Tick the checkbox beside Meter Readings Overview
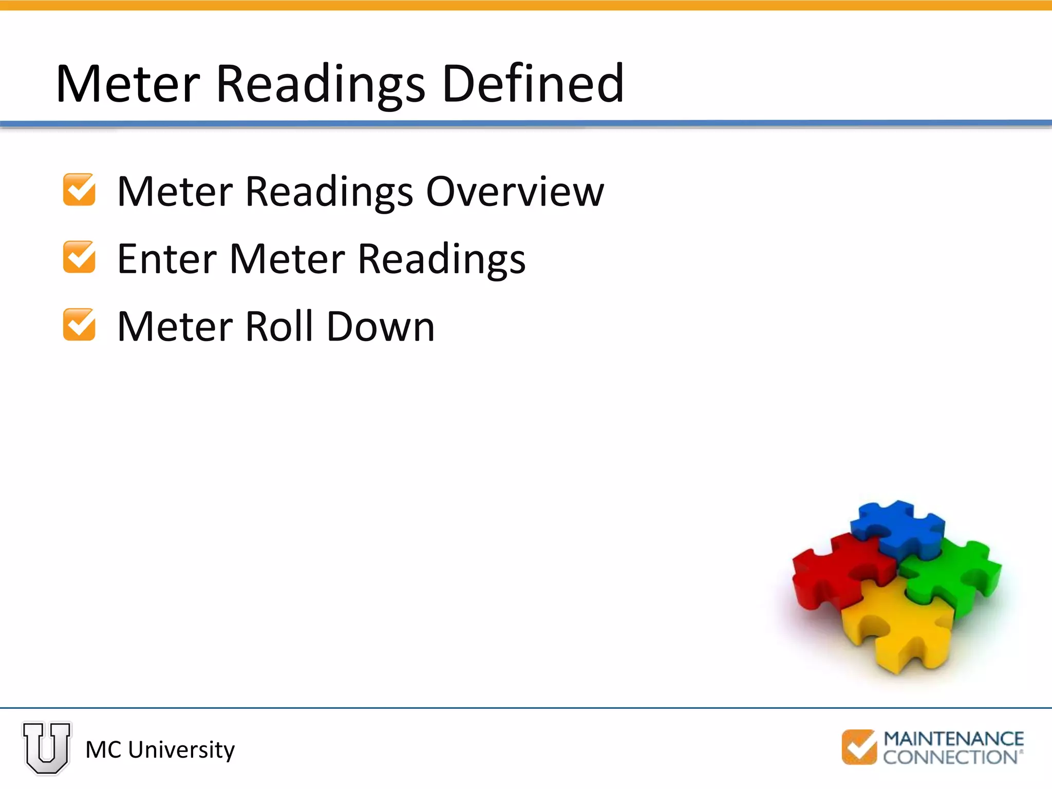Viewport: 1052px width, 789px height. click(x=79, y=190)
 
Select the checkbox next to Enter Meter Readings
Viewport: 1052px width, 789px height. click(x=79, y=257)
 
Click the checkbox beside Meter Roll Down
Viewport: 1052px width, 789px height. click(x=79, y=325)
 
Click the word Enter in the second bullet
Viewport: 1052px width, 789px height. click(x=166, y=258)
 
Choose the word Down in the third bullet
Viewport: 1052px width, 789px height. click(x=381, y=326)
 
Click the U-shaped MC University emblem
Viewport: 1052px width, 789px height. click(x=47, y=748)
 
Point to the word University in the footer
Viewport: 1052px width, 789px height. click(x=181, y=750)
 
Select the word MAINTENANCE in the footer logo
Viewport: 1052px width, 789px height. click(x=953, y=739)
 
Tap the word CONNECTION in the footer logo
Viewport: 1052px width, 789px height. click(x=950, y=757)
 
